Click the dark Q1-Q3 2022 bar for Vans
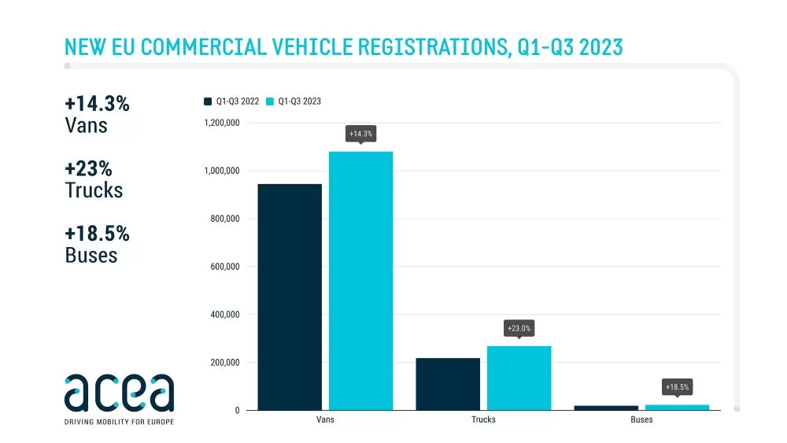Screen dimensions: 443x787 290,297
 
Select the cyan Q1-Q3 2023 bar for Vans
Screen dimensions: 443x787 360,280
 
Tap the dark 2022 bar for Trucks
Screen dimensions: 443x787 448,384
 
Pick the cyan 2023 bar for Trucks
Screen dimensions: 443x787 519,378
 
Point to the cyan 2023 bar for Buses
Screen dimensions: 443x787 677,408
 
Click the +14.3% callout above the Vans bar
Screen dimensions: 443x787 360,135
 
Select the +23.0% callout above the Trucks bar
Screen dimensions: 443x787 519,327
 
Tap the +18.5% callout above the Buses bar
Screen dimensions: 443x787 677,387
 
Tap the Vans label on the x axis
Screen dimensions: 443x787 324,419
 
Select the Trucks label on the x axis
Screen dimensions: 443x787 483,419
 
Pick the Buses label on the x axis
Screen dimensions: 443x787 641,419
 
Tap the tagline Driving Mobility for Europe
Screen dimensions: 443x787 119,422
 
